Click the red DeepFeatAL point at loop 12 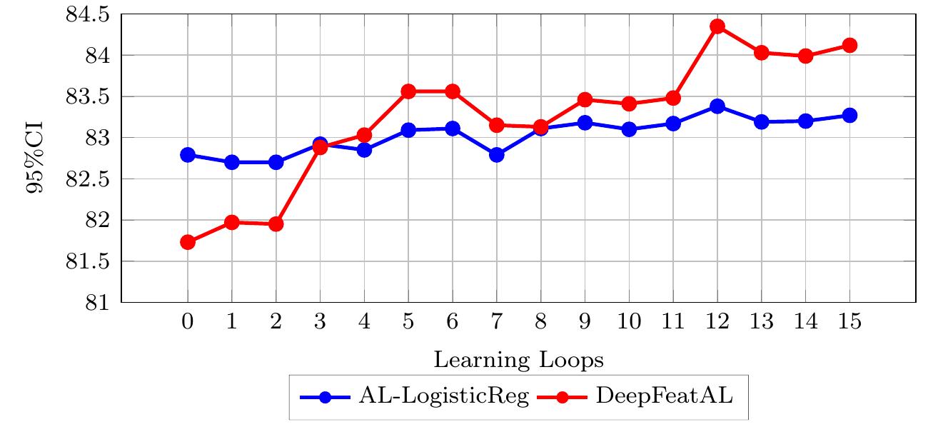pos(717,26)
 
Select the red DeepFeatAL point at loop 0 pos(188,242)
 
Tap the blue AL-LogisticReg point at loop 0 pos(188,155)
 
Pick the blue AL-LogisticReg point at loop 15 pos(849,115)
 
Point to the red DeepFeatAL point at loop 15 pos(849,45)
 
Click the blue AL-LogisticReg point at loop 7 pos(497,154)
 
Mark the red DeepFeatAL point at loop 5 pos(408,91)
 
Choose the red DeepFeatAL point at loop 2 pos(276,224)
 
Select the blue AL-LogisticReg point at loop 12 pos(717,106)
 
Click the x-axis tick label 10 pos(629,322)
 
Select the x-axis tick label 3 pos(321,322)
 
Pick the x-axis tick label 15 pos(849,322)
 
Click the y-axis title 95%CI pos(36,158)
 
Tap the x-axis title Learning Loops pos(518,361)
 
